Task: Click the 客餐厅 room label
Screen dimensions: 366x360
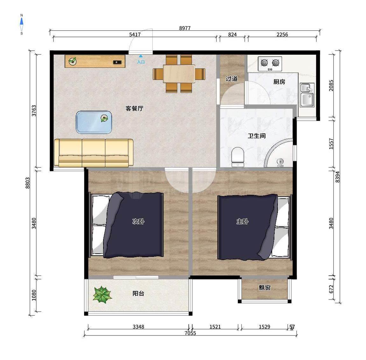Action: pyautogui.click(x=134, y=108)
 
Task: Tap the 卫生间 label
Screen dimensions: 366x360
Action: pyautogui.click(x=257, y=136)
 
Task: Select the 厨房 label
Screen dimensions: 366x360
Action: pyautogui.click(x=279, y=82)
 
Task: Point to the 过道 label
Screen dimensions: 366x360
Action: pyautogui.click(x=232, y=79)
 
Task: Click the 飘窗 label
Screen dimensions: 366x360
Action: pyautogui.click(x=264, y=288)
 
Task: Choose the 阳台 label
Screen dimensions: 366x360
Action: pyautogui.click(x=138, y=293)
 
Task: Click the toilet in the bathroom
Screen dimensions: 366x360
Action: pyautogui.click(x=238, y=157)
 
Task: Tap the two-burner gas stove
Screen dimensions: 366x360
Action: pyautogui.click(x=270, y=64)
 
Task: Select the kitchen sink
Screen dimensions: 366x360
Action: pyautogui.click(x=307, y=95)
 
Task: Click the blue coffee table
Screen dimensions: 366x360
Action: pyautogui.click(x=94, y=122)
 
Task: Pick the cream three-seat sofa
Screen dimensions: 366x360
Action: pyautogui.click(x=94, y=153)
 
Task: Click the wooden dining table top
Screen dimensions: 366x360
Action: pyautogui.click(x=179, y=74)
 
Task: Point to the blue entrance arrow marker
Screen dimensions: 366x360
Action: pyautogui.click(x=141, y=56)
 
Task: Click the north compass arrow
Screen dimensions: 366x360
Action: pyautogui.click(x=21, y=22)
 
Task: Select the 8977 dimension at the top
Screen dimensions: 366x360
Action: pyautogui.click(x=185, y=28)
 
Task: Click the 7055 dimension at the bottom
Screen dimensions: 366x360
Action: pyautogui.click(x=190, y=333)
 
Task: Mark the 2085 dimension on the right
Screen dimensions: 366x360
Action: pyautogui.click(x=331, y=85)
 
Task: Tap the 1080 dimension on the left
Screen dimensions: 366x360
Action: pyautogui.click(x=34, y=295)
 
